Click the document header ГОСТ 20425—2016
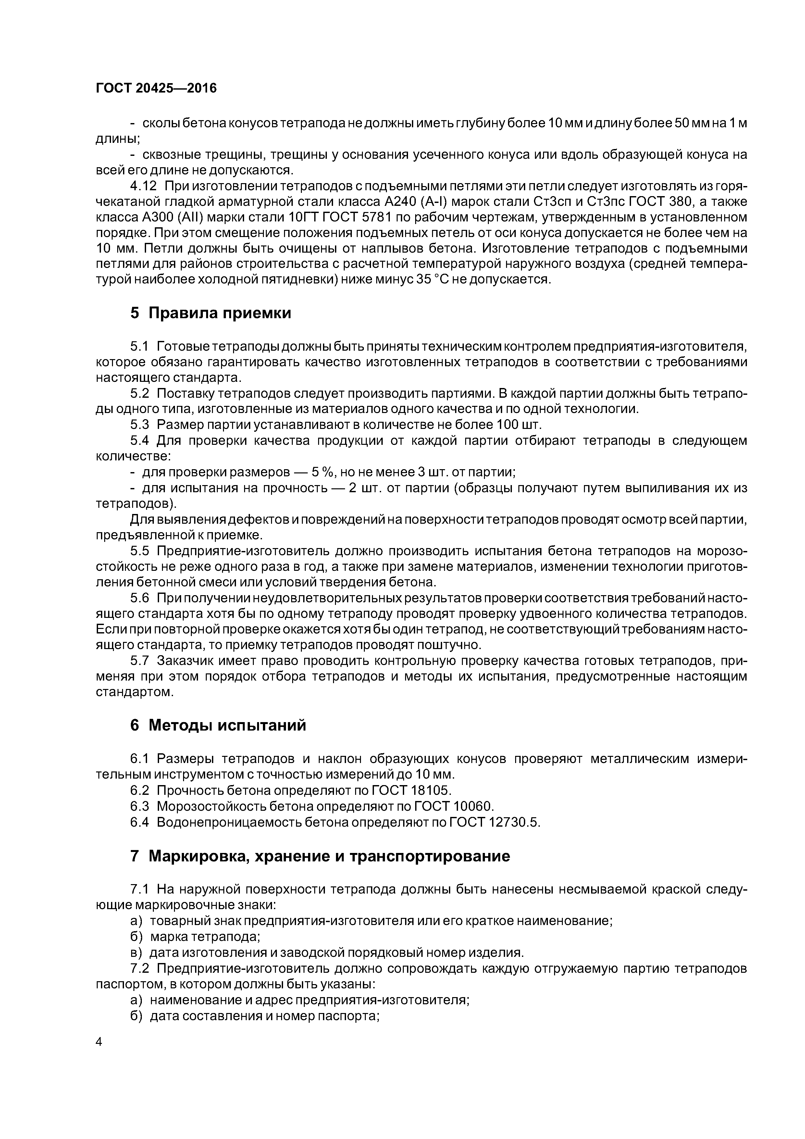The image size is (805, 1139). (x=156, y=88)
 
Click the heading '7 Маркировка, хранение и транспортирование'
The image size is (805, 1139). (x=320, y=856)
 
